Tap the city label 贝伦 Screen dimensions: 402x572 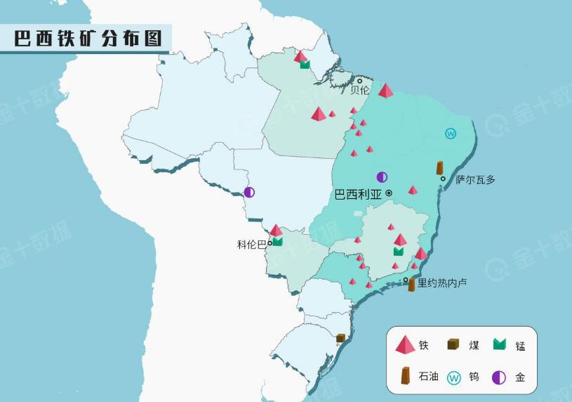[x=360, y=90]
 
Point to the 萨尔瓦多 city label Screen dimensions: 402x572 [x=475, y=180]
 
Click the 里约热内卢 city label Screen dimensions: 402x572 [x=442, y=283]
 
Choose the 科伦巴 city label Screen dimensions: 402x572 [x=252, y=245]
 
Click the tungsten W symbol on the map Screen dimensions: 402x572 [x=451, y=134]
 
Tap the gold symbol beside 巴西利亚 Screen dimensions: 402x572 [x=382, y=177]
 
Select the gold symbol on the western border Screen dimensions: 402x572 [x=249, y=192]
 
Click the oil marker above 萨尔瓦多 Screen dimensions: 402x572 [x=439, y=168]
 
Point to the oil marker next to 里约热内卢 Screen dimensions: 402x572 [x=411, y=285]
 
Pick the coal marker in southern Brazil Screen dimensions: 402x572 [x=340, y=338]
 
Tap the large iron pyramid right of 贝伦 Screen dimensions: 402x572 [x=385, y=91]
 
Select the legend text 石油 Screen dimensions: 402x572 [x=429, y=377]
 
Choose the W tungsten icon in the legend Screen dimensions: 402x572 [x=453, y=378]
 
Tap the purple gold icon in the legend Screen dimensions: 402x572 [x=498, y=377]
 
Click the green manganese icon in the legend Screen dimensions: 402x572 [x=499, y=345]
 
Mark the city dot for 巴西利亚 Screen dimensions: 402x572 [x=388, y=193]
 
